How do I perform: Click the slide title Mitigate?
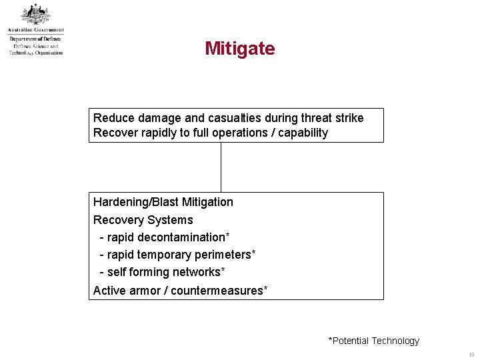coord(239,49)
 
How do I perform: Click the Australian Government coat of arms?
coord(35,14)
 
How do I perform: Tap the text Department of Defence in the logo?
coord(35,39)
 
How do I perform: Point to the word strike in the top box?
coord(349,118)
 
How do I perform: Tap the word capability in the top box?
coord(303,133)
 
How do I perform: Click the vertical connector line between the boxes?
coord(221,167)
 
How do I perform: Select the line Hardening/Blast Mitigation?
coord(163,202)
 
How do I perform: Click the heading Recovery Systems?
coord(143,220)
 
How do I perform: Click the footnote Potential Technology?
coord(374,341)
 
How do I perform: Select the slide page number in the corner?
coord(471,355)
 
